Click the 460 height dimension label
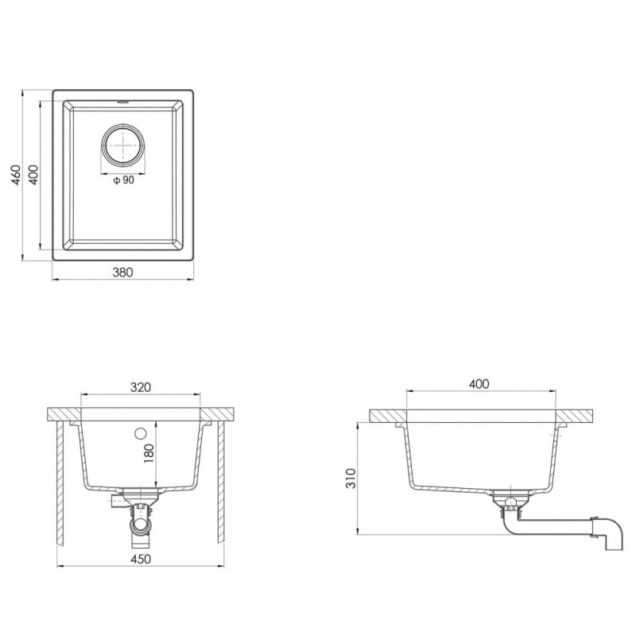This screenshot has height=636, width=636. coord(16,175)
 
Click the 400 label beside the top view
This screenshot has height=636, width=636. coord(33,175)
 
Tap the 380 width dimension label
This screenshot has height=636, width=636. coord(122,272)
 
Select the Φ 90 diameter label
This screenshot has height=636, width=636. coord(123,180)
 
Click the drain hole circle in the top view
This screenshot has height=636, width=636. coord(122,145)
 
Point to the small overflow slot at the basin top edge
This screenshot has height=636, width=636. coord(122,102)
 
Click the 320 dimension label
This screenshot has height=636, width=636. coord(141,387)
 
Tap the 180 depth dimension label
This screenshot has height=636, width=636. coord(149,454)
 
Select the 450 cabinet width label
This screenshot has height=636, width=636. coord(141,559)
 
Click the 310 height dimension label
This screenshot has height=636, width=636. coord(351,479)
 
